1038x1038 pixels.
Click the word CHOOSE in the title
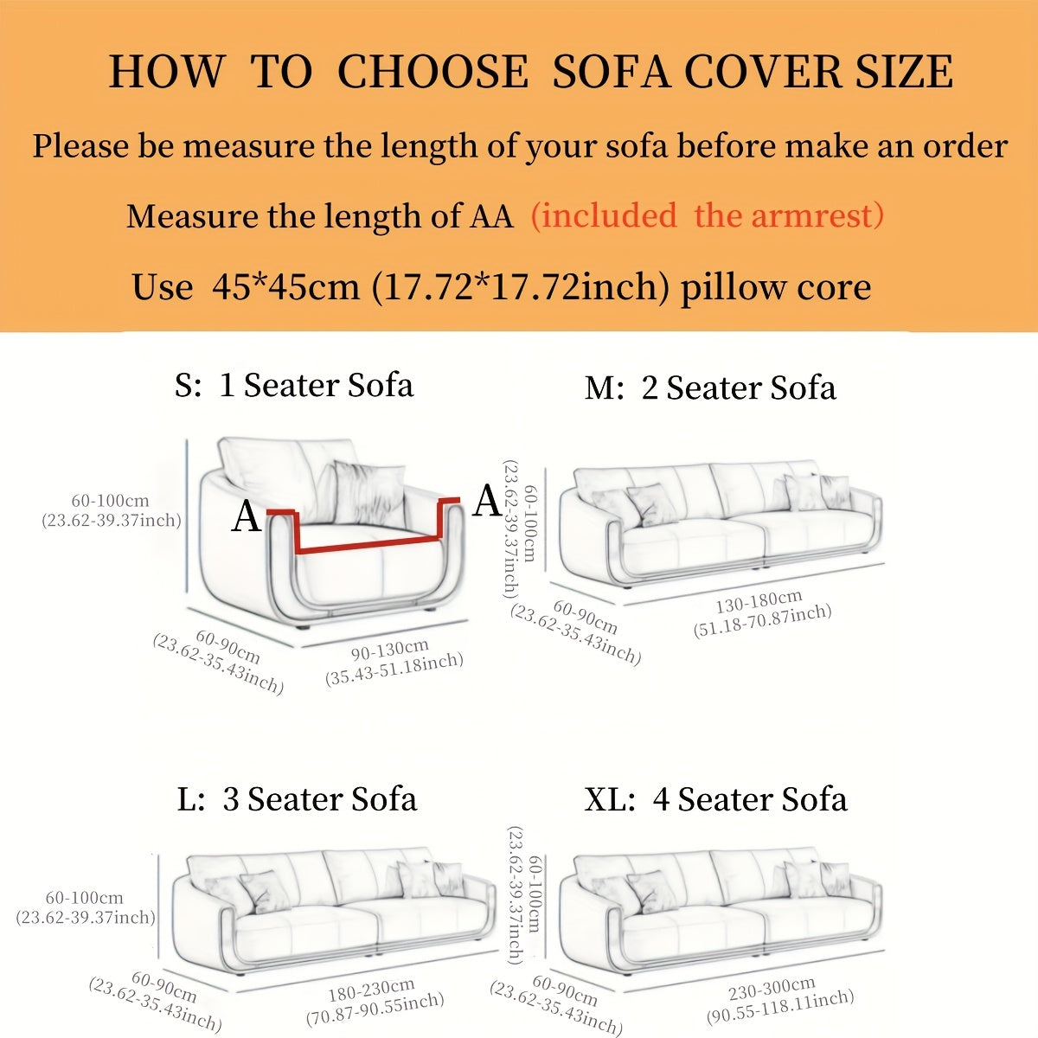(432, 72)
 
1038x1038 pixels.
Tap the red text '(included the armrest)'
(708, 215)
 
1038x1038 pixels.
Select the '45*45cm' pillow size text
(286, 286)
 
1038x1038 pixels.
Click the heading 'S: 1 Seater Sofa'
(294, 385)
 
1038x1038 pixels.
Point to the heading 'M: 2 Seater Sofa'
(710, 388)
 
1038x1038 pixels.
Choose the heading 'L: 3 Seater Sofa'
(297, 798)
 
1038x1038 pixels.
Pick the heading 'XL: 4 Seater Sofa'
(716, 798)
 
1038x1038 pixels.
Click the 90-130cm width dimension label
(390, 650)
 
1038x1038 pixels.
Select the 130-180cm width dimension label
(759, 602)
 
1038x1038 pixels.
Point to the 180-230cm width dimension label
(372, 989)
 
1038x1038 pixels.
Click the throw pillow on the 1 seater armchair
(368, 492)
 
